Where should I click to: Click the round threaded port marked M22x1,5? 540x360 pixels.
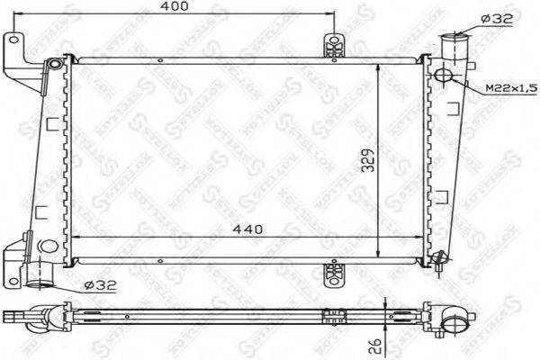pyautogui.click(x=444, y=75)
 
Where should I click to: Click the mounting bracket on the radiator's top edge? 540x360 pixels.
pyautogui.click(x=335, y=47)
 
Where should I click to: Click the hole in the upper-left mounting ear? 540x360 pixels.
pyautogui.click(x=13, y=39)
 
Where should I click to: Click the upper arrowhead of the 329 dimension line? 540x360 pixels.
pyautogui.click(x=379, y=67)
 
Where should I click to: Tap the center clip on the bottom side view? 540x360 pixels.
pyautogui.click(x=336, y=316)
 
